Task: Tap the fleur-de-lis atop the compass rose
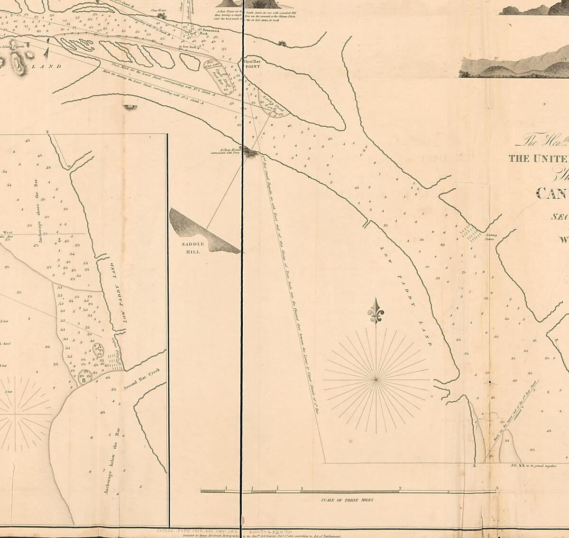(376, 312)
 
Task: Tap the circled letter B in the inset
(83, 380)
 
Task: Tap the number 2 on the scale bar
(400, 488)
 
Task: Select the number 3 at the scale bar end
(496, 488)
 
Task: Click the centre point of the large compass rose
(376, 380)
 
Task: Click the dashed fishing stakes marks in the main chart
(472, 232)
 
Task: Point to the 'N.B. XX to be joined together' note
(531, 466)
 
